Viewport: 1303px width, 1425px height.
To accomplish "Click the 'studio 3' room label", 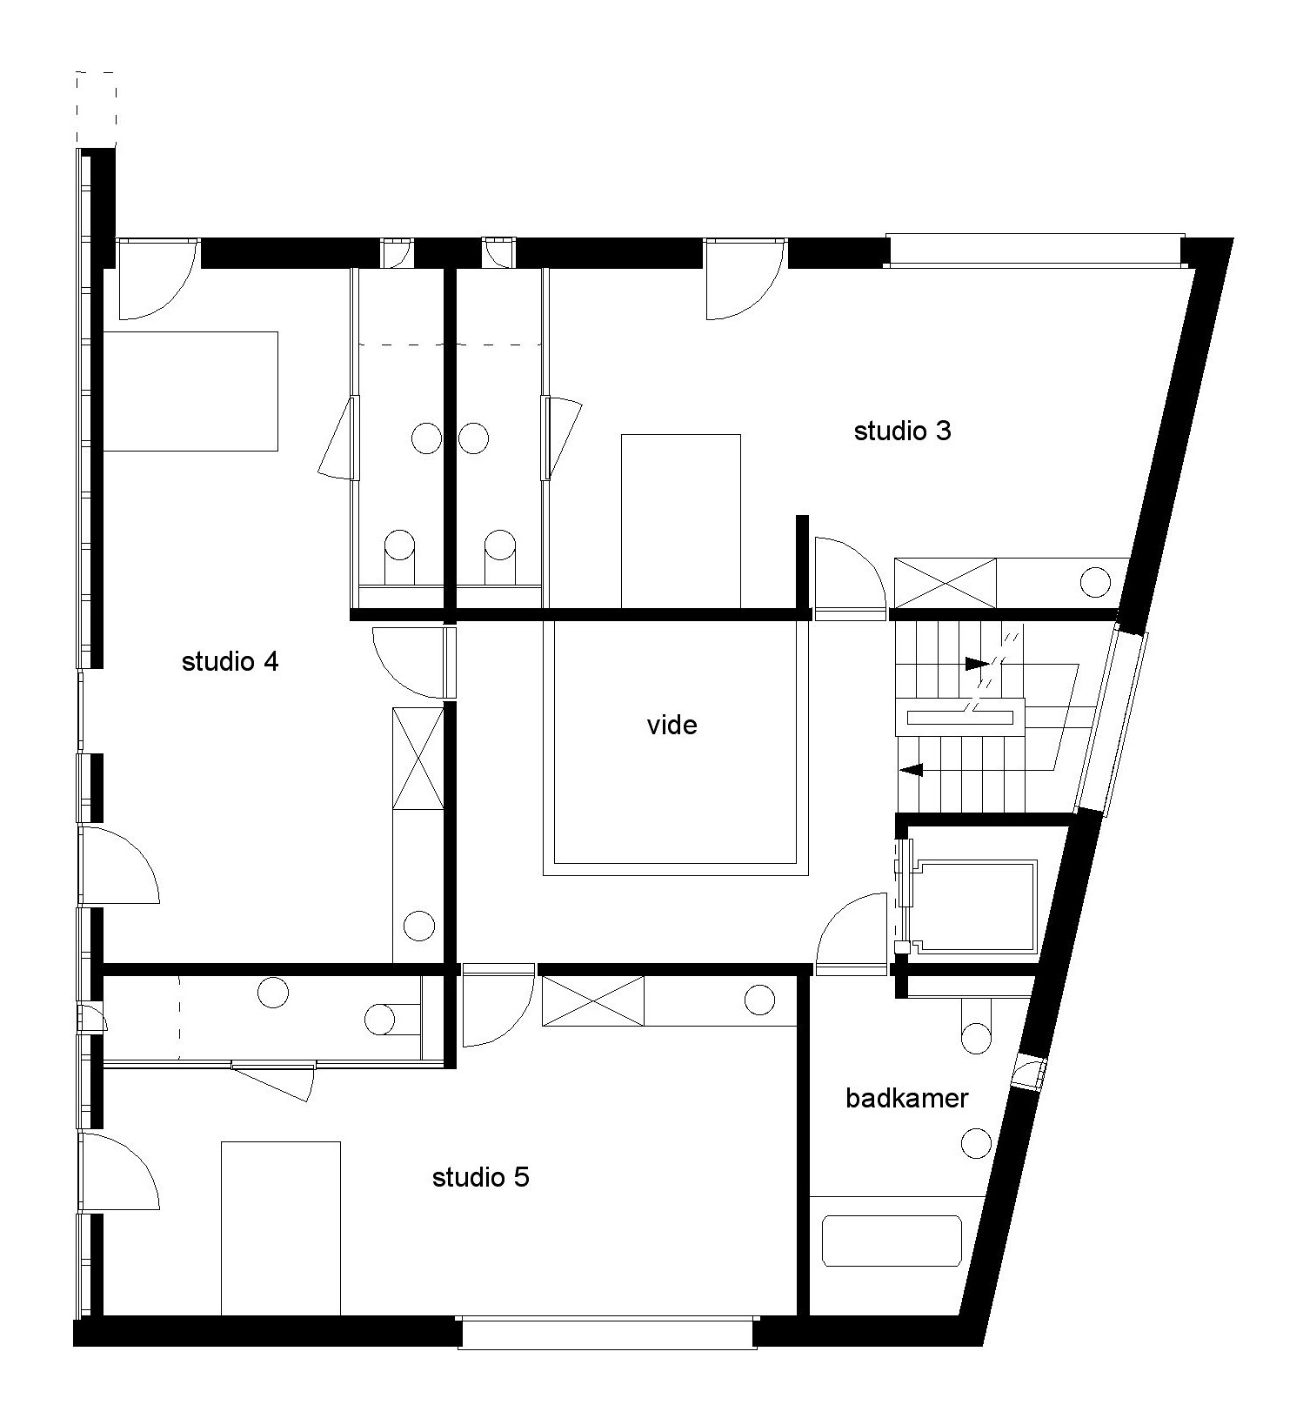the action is click(902, 431).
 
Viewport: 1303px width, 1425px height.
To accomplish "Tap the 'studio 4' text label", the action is click(230, 662).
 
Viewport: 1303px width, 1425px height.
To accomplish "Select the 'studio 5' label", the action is click(480, 1178).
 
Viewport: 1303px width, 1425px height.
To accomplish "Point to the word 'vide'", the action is click(672, 726).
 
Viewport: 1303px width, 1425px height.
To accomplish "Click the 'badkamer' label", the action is click(906, 1098).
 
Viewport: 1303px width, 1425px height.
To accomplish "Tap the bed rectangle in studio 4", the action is click(190, 391).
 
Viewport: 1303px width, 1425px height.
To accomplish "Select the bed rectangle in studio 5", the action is click(280, 1228).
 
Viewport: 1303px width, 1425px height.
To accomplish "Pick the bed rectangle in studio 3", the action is click(680, 521).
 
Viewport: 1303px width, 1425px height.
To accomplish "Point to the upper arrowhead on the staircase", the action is click(977, 664).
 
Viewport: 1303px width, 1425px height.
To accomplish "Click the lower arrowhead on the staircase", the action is click(912, 770).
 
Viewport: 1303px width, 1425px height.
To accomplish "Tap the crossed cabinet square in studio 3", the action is click(946, 584).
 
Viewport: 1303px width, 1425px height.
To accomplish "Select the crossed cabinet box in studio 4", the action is click(418, 758).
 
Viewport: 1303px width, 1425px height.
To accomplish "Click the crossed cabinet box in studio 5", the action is click(592, 1001).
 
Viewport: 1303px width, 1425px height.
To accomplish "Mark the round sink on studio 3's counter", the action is click(1095, 582).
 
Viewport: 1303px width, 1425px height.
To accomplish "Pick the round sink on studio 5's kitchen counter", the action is click(759, 1000).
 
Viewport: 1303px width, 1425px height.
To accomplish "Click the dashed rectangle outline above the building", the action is click(96, 109).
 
